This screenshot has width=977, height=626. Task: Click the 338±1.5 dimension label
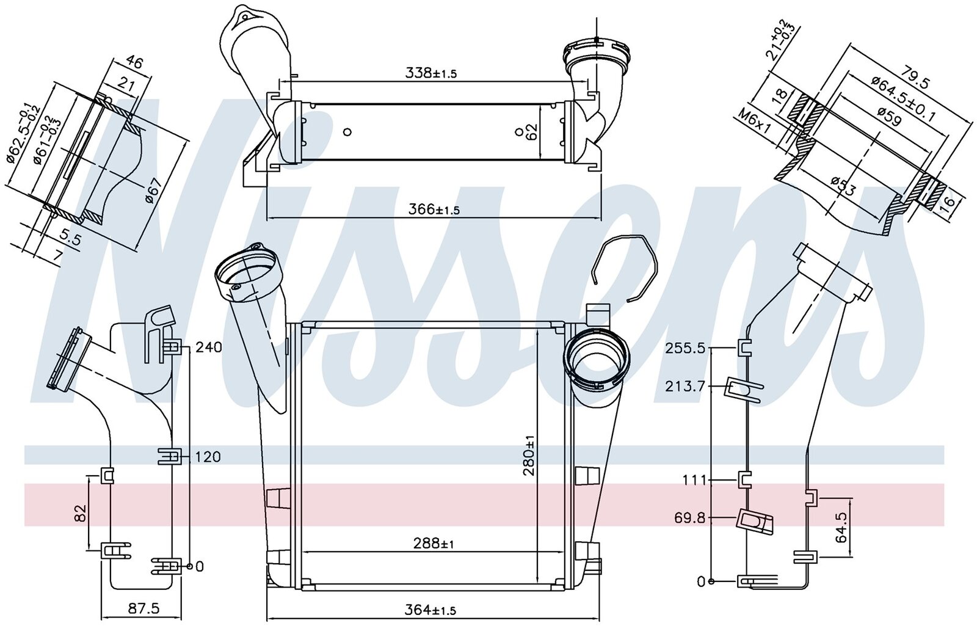pos(430,73)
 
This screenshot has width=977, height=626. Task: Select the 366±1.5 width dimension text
pos(434,209)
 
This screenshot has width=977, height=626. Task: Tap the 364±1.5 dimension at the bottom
pos(430,610)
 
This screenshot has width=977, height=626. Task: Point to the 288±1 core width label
pos(433,544)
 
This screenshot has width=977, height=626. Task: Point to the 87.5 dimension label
pos(143,608)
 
